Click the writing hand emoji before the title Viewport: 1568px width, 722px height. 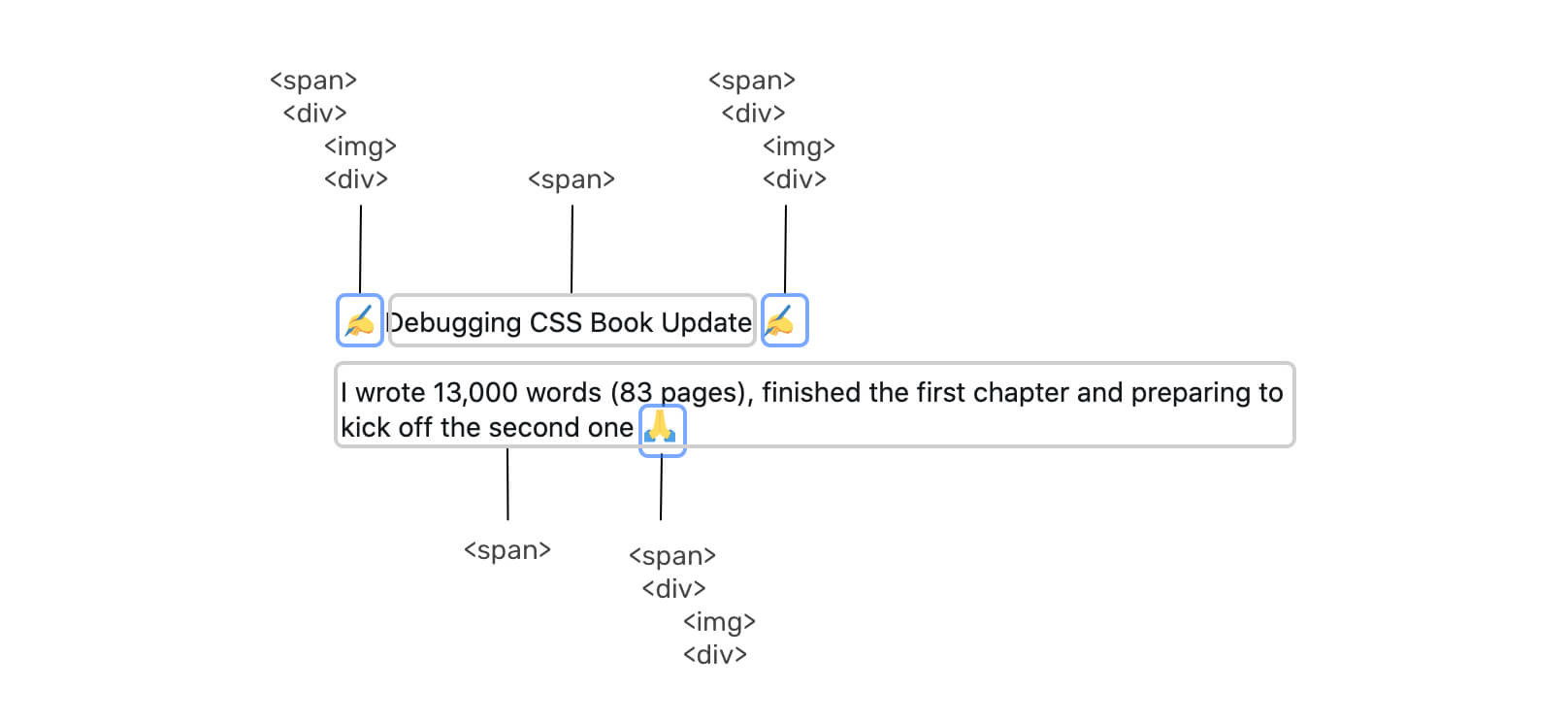click(360, 320)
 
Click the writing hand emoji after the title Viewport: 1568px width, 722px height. click(784, 320)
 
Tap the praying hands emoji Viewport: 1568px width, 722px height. click(662, 428)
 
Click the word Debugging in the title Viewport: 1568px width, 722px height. click(454, 323)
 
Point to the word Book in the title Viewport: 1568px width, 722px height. click(621, 322)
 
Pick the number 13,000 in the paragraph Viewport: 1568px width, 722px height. click(475, 393)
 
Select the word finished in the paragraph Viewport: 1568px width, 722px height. click(811, 392)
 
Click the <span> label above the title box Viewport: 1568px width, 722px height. click(572, 180)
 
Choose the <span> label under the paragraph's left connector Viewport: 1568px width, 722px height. click(507, 550)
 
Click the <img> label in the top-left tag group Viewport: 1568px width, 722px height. click(360, 147)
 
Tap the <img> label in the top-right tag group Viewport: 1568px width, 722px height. click(799, 147)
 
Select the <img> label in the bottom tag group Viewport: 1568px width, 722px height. click(719, 622)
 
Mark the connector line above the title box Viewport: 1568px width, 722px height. click(572, 248)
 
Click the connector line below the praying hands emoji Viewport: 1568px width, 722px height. click(661, 488)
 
